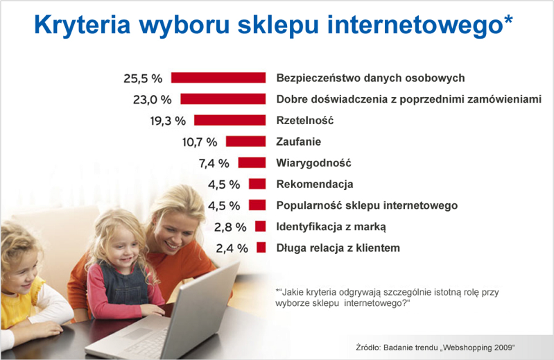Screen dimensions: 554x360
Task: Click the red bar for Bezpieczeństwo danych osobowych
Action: coord(218,78)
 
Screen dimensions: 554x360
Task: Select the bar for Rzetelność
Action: coord(230,120)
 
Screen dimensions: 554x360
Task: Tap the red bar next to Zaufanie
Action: coord(246,142)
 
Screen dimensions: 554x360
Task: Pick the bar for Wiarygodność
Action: coord(252,162)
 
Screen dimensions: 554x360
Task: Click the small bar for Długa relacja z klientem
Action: coord(261,248)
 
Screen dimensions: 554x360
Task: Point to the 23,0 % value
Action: coord(153,100)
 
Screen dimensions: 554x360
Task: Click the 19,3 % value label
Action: coord(168,121)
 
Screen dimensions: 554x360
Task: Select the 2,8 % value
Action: coord(230,227)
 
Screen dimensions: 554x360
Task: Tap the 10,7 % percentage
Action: coord(200,142)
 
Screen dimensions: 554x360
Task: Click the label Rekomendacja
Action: coord(315,184)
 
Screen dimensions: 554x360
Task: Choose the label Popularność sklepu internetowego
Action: coord(367,205)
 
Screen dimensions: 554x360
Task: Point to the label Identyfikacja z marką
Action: coord(331,227)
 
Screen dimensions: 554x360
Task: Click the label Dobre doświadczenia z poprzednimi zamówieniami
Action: coord(409,99)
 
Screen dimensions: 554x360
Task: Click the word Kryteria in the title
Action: coord(83,25)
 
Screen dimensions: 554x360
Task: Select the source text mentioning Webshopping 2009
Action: coord(435,348)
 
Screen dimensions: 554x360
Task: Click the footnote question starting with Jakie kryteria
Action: coord(387,298)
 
